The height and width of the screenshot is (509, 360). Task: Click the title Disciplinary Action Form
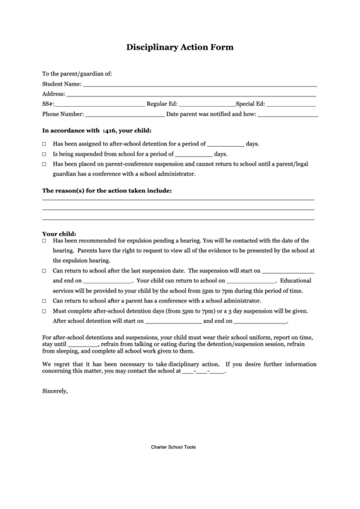[x=180, y=48]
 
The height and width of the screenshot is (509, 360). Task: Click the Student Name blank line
[x=200, y=86]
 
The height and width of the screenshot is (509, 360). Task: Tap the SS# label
[x=48, y=104]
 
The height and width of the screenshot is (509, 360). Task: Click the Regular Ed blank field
[x=206, y=106]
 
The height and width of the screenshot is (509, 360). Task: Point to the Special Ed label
[x=250, y=104]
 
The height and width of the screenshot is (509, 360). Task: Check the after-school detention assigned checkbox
[x=45, y=144]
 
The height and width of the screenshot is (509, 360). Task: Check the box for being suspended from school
[x=45, y=154]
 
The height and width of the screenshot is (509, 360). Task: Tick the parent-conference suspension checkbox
[x=45, y=164]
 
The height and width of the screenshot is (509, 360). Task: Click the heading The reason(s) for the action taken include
[x=107, y=190]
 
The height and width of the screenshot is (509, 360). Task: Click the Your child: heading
[x=58, y=233]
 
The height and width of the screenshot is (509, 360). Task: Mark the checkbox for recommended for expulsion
[x=45, y=241]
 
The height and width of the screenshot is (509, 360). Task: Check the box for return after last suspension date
[x=45, y=270]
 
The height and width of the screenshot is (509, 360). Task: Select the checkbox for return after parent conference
[x=45, y=300]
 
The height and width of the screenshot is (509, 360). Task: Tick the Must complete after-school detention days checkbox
[x=45, y=310]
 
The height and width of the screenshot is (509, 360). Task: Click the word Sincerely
[x=55, y=391]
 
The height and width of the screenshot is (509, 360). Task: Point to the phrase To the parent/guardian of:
[x=77, y=73]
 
